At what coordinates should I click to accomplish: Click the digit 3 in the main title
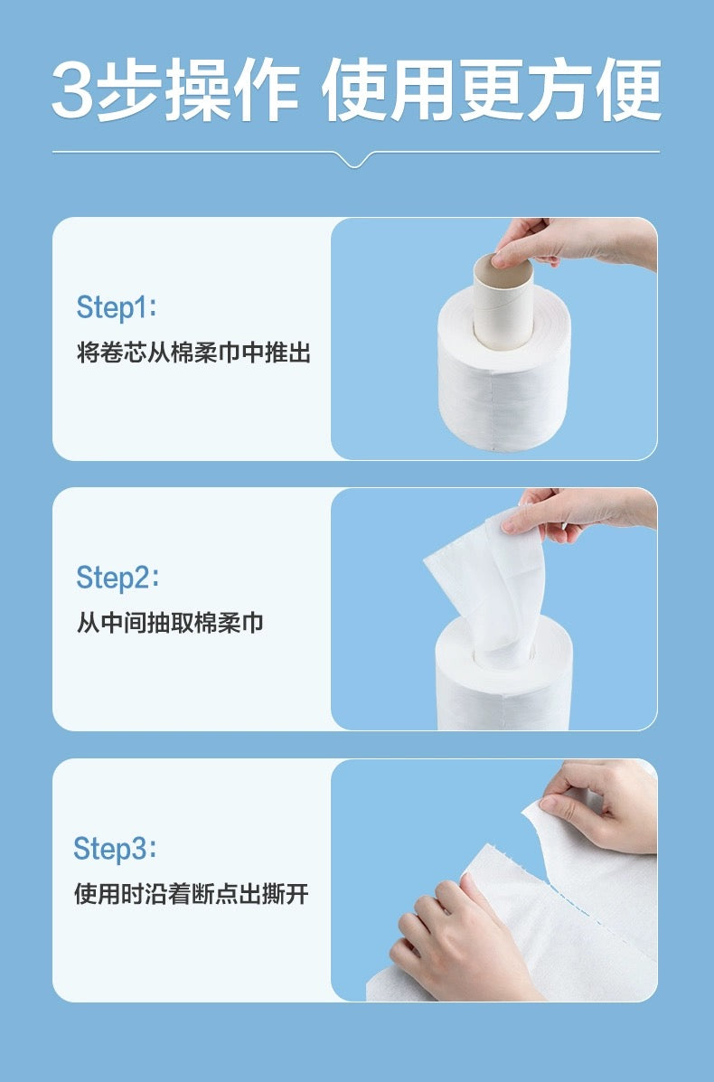tap(73, 93)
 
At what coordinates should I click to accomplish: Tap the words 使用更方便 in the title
tap(493, 93)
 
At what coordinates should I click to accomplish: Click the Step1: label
tap(117, 307)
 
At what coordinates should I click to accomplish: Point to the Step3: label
tap(115, 849)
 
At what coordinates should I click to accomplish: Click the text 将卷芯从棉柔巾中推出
tap(193, 353)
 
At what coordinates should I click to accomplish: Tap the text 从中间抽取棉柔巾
tap(170, 623)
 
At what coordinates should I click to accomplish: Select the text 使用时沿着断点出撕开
tap(191, 895)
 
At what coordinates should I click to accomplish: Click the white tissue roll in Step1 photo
tap(504, 398)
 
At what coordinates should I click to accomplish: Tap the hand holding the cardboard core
tap(578, 242)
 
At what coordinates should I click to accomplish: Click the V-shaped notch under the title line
tap(355, 161)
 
